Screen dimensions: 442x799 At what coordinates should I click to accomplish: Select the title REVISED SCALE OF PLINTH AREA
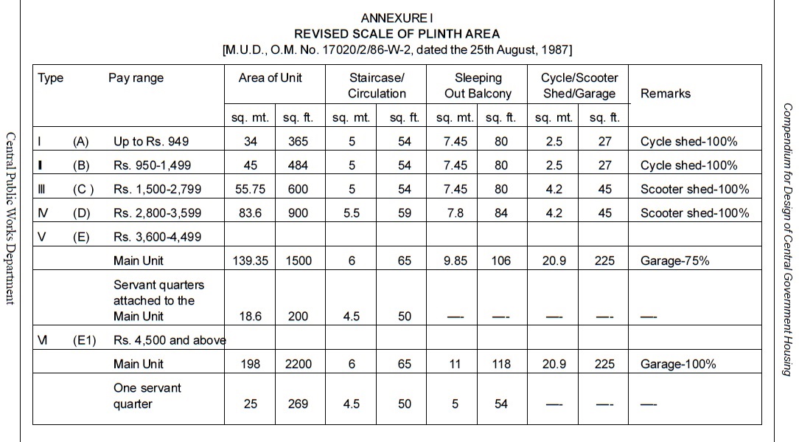pyautogui.click(x=397, y=33)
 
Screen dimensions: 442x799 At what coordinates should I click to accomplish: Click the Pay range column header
pyautogui.click(x=136, y=77)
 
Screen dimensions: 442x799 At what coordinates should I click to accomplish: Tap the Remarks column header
pyautogui.click(x=666, y=93)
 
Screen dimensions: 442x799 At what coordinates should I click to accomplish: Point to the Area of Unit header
pyautogui.click(x=271, y=77)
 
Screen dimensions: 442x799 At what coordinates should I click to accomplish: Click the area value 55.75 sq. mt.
pyautogui.click(x=250, y=189)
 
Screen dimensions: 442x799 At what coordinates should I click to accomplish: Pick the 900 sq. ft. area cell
pyautogui.click(x=298, y=213)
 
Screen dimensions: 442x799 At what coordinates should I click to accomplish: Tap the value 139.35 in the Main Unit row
pyautogui.click(x=250, y=260)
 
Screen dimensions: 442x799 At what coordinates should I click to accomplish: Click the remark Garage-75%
pyautogui.click(x=675, y=260)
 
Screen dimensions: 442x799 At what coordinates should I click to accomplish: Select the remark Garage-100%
pyautogui.click(x=678, y=364)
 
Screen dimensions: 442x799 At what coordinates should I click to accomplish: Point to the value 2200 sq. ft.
pyautogui.click(x=298, y=364)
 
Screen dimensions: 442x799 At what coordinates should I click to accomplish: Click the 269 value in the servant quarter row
pyautogui.click(x=298, y=404)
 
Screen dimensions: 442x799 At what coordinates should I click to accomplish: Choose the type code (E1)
pyautogui.click(x=85, y=340)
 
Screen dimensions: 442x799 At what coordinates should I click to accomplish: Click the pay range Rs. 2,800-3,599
pyautogui.click(x=157, y=213)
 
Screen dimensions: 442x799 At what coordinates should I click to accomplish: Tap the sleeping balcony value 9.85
pyautogui.click(x=455, y=260)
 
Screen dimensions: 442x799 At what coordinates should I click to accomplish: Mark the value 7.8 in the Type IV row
pyautogui.click(x=455, y=213)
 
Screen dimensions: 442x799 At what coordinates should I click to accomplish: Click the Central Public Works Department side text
pyautogui.click(x=10, y=218)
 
